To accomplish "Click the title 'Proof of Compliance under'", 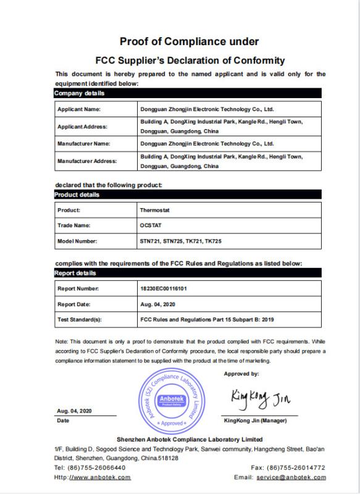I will [x=189, y=41].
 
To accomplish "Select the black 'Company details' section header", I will [x=80, y=94].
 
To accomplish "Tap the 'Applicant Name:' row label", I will [x=78, y=109].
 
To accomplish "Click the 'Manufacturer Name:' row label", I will [x=83, y=143].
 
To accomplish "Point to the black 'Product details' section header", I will [x=78, y=195].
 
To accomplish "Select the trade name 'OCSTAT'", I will [x=151, y=225].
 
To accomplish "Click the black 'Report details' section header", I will [x=77, y=272].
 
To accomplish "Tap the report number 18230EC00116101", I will [x=165, y=288].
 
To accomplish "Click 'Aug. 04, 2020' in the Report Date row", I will [x=157, y=304].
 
